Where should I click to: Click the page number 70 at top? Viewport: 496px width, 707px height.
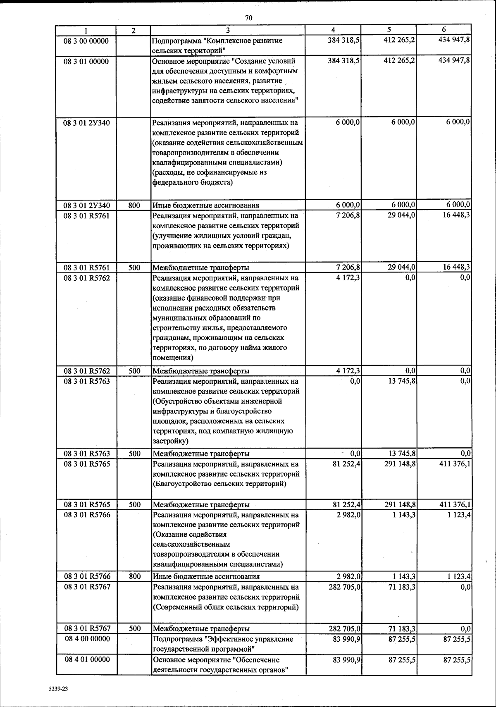click(x=248, y=18)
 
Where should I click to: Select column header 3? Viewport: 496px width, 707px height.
click(x=228, y=30)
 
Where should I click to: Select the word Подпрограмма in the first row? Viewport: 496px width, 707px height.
click(x=173, y=41)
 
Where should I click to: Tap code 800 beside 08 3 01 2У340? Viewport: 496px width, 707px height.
click(x=134, y=205)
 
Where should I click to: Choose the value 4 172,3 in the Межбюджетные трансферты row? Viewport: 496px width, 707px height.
click(x=348, y=371)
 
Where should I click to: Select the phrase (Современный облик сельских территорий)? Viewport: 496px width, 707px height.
click(x=226, y=607)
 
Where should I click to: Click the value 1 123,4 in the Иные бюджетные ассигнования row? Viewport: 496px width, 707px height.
click(x=458, y=576)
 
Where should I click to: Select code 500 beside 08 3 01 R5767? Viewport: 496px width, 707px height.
click(x=134, y=628)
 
